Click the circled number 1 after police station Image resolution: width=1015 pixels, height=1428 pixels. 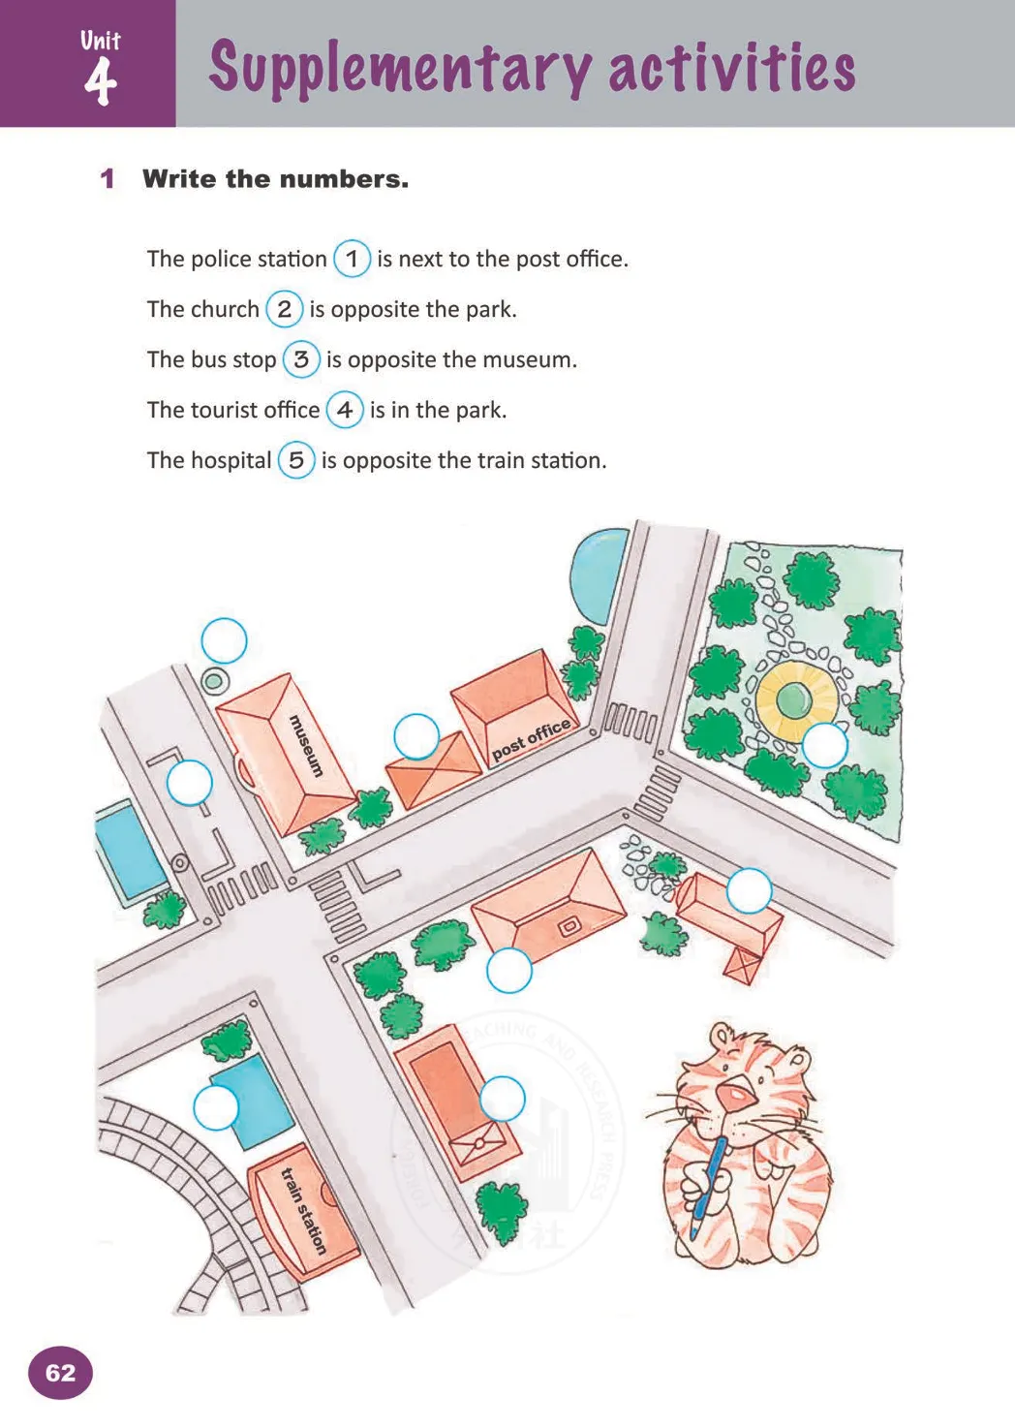(x=352, y=259)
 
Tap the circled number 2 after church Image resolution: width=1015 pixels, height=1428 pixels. (x=284, y=309)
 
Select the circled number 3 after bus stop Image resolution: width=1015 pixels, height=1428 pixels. (x=301, y=359)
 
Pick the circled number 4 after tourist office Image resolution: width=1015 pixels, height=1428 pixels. (x=344, y=410)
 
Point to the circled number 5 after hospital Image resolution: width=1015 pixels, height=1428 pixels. (x=296, y=460)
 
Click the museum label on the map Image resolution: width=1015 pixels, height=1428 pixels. (x=306, y=745)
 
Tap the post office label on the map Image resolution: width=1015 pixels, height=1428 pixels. (x=531, y=740)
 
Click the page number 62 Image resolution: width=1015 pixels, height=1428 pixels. (x=60, y=1373)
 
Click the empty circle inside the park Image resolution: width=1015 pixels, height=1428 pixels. (x=824, y=745)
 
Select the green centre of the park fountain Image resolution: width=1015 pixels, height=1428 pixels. (x=793, y=697)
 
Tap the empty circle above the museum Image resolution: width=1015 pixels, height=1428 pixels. (x=224, y=641)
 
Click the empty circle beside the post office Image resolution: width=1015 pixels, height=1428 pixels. (x=416, y=737)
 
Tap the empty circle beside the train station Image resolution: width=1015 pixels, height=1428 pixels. (x=216, y=1107)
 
